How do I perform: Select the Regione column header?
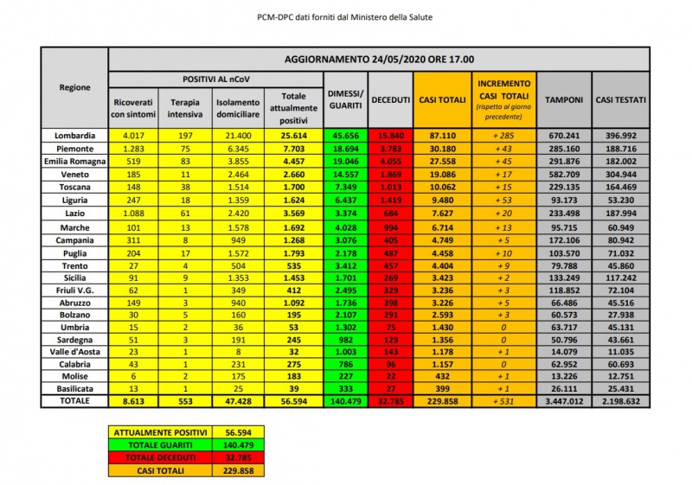pos(74,88)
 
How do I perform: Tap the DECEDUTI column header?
pos(390,100)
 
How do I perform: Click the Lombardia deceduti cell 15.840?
pos(390,136)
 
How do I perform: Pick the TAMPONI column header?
pos(563,100)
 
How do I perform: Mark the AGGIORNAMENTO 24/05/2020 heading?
pos(379,60)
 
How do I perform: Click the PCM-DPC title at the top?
pos(346,17)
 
